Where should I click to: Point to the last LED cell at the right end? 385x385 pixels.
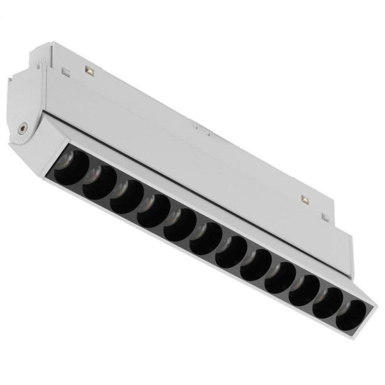click(351, 315)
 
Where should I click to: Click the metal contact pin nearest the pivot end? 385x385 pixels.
click(88, 70)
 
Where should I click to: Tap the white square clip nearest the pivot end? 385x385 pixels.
click(65, 70)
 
